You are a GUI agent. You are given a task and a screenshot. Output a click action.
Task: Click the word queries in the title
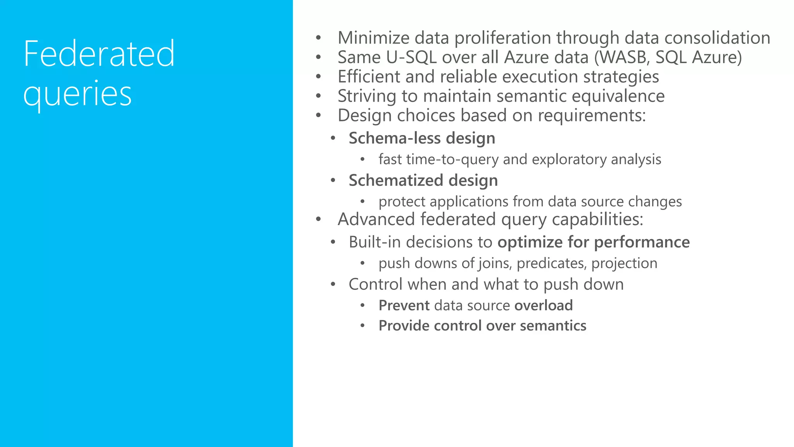pos(78,94)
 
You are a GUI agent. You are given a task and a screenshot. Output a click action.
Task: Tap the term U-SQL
pos(411,57)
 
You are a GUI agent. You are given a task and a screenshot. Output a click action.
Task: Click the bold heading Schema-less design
pos(422,139)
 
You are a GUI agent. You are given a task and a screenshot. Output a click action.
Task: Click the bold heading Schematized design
pos(423,181)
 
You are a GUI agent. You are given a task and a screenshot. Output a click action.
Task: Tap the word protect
pos(402,202)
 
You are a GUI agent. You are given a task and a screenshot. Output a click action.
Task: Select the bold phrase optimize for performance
pos(594,243)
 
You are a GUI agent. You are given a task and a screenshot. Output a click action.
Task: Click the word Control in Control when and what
pos(376,284)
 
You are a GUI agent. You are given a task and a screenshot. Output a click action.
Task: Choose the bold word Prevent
pos(404,306)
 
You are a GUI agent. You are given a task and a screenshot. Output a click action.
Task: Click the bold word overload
pos(543,306)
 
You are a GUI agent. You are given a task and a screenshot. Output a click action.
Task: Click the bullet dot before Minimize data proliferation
pos(318,38)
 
